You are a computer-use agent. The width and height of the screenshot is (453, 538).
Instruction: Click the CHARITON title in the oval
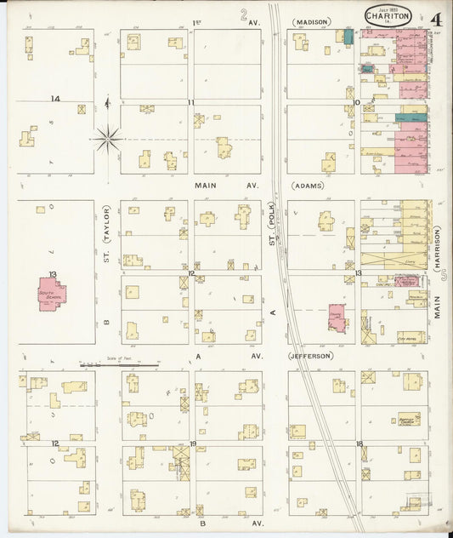pos(388,16)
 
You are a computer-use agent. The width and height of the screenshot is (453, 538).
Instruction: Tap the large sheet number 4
pos(434,19)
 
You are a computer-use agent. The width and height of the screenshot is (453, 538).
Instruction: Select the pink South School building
pos(52,295)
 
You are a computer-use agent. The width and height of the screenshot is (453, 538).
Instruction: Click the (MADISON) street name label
pos(311,21)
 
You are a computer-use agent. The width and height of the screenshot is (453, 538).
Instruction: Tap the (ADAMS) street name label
pos(307,185)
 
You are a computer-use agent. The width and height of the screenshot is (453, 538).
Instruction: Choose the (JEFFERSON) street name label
pos(309,356)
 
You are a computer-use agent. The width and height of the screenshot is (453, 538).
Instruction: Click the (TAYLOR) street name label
pos(108,226)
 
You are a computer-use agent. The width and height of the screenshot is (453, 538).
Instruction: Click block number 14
pos(55,100)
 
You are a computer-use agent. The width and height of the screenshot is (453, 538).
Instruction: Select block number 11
pos(192,102)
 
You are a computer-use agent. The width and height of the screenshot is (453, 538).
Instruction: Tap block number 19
pos(192,444)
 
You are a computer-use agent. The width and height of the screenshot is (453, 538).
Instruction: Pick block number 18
pos(360,444)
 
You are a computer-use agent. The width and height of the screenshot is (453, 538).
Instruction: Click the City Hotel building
pos(411,337)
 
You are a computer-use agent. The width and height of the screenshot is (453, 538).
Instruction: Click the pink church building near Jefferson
pos(337,318)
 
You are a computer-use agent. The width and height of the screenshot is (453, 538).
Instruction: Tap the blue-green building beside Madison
pos(348,37)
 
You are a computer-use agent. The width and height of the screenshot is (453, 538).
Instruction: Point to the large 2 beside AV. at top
pos(244,14)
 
